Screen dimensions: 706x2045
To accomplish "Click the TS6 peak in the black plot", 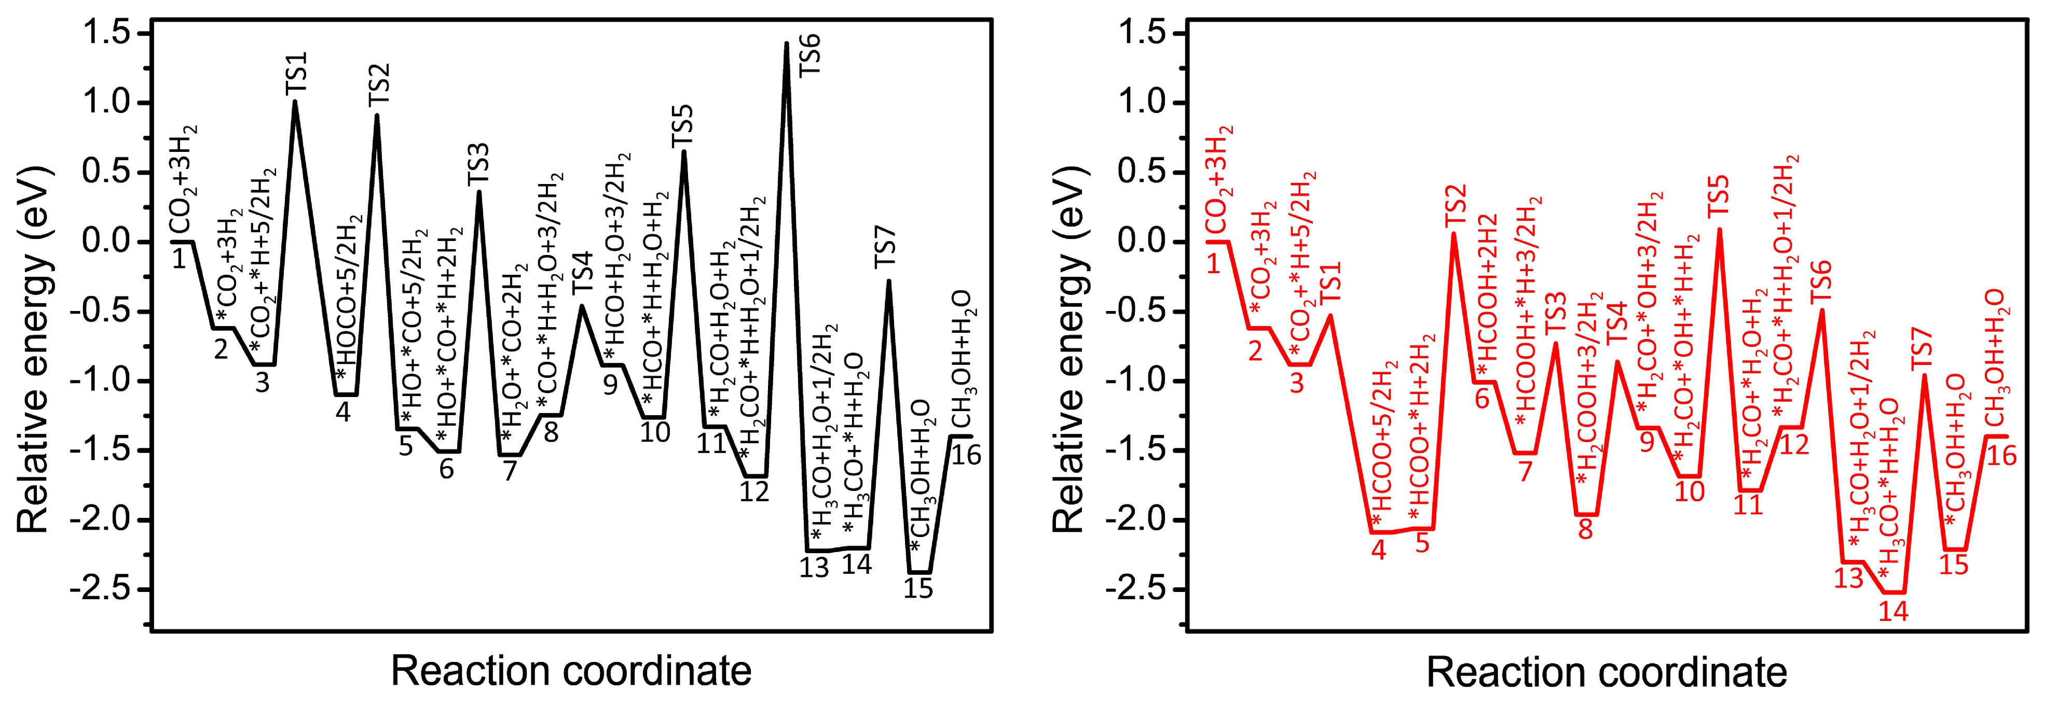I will click(x=786, y=44).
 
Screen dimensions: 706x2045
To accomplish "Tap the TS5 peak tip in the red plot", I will click(x=1720, y=230).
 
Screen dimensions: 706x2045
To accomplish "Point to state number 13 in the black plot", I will click(x=815, y=568).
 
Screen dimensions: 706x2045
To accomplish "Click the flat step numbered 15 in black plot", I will click(x=919, y=572).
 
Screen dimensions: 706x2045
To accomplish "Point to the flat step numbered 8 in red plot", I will click(x=1585, y=515).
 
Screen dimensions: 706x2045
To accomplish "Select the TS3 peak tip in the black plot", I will click(x=479, y=192).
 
